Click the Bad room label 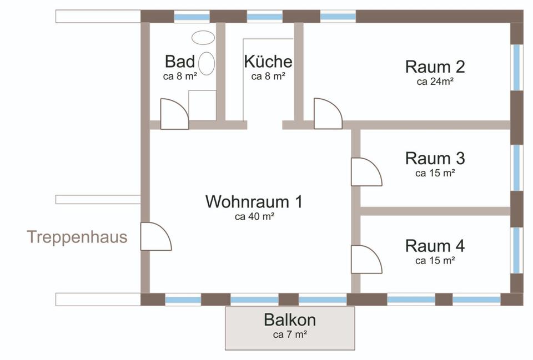pyautogui.click(x=179, y=62)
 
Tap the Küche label pyautogui.click(x=268, y=62)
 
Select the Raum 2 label pyautogui.click(x=435, y=67)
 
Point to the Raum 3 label pyautogui.click(x=435, y=158)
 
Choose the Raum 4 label pyautogui.click(x=435, y=246)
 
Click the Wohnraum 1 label pyautogui.click(x=254, y=201)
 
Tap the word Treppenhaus pyautogui.click(x=77, y=237)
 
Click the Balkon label pyautogui.click(x=290, y=320)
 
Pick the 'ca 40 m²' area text pyautogui.click(x=255, y=216)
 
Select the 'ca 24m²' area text pyautogui.click(x=435, y=82)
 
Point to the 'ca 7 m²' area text pyautogui.click(x=290, y=334)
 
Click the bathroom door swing pyautogui.click(x=174, y=114)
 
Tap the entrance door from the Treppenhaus pyautogui.click(x=156, y=236)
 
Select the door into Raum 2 pyautogui.click(x=328, y=113)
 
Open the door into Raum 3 pyautogui.click(x=366, y=172)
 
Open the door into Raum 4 pyautogui.click(x=366, y=259)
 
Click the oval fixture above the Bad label pyautogui.click(x=203, y=37)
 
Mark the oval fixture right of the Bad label pyautogui.click(x=207, y=63)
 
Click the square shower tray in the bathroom pyautogui.click(x=202, y=105)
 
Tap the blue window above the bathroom pyautogui.click(x=192, y=17)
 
